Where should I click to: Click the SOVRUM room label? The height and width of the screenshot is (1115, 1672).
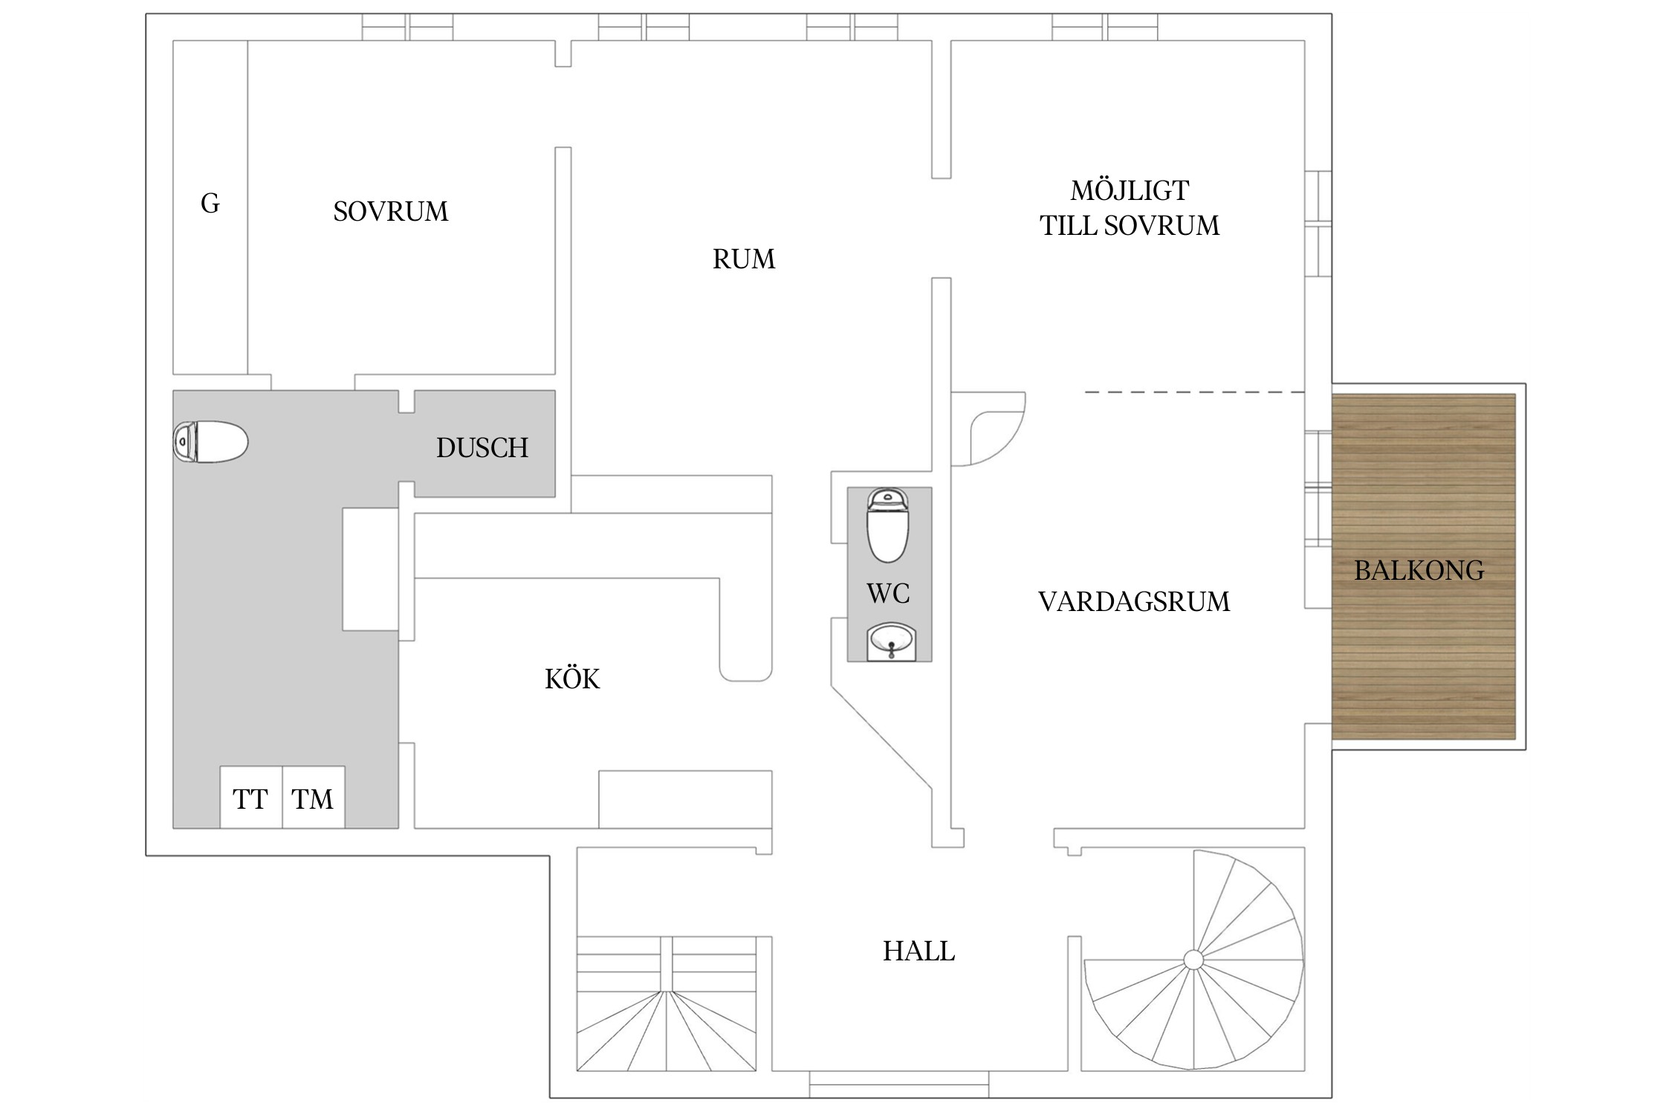[x=391, y=212]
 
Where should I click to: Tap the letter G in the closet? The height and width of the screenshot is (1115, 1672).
[x=210, y=203]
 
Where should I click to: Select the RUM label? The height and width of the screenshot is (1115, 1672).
[x=744, y=259]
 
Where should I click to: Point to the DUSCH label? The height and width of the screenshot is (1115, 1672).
[x=482, y=447]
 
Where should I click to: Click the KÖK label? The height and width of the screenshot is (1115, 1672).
[x=572, y=678]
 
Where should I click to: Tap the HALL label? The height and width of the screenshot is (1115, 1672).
[x=919, y=951]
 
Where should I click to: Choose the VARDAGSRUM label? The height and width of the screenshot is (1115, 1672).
[x=1134, y=601]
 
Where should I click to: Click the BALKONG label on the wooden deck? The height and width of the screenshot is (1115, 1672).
[x=1419, y=570]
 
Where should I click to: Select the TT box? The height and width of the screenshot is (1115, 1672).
[x=251, y=797]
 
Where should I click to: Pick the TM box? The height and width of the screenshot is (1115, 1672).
[x=314, y=797]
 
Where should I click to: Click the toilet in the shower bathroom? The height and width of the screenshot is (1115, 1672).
[x=210, y=442]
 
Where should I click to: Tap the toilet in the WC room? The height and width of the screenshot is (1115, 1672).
[x=888, y=525]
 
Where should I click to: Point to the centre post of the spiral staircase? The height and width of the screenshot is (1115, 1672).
[x=1193, y=960]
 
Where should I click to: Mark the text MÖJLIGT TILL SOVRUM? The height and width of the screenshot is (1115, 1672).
[x=1130, y=208]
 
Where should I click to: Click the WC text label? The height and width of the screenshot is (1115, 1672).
[x=888, y=593]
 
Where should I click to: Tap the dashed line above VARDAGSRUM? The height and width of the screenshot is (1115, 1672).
[x=1195, y=392]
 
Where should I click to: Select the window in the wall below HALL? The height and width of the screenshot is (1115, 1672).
[x=899, y=1084]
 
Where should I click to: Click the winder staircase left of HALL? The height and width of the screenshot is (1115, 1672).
[x=667, y=1003]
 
